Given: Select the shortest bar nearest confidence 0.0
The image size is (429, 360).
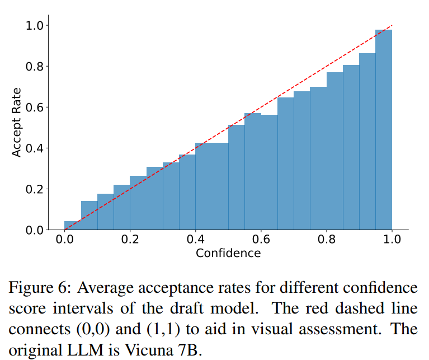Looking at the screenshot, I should pos(73,226).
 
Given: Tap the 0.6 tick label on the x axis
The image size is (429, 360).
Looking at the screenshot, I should pos(261,240).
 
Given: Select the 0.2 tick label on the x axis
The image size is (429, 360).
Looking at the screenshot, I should pos(130,240).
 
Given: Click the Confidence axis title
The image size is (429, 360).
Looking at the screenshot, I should pos(228,253).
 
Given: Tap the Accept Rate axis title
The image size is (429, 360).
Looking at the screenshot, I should pos(17,122).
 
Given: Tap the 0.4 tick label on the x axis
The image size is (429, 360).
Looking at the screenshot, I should pos(195,240).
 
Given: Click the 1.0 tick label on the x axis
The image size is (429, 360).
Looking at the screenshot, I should pos(392,240).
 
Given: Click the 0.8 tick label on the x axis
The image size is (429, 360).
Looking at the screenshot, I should pos(326,240).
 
